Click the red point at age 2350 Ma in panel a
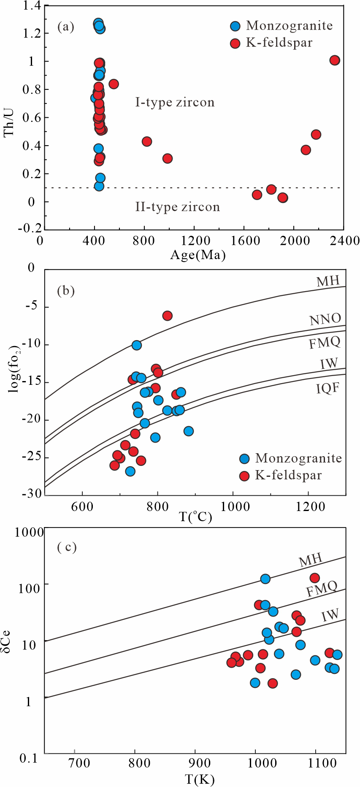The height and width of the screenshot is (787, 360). tap(335, 60)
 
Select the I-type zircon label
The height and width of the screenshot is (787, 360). tap(175, 103)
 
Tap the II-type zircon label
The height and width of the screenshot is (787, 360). tap(177, 207)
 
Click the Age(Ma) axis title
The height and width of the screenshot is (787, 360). tap(198, 255)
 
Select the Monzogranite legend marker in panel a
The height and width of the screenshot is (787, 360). tap(235, 26)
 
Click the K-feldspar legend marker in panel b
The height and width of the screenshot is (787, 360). tap(245, 476)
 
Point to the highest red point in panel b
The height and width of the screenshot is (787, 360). tap(168, 316)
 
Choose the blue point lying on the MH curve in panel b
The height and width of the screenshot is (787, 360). tap(136, 345)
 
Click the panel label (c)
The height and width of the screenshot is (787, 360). tap(67, 547)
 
